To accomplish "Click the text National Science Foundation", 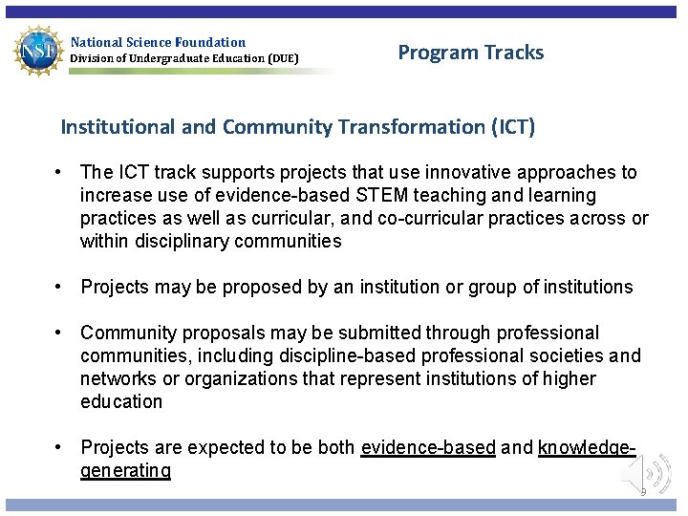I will click(x=158, y=42).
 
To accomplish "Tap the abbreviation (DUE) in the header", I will click(x=283, y=58).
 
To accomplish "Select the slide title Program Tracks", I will click(x=470, y=53).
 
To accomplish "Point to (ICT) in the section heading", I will click(x=513, y=126).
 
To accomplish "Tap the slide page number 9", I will click(x=643, y=491).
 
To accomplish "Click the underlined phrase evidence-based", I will click(x=428, y=447).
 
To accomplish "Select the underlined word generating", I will click(x=125, y=470).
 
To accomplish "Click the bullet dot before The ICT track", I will click(x=59, y=172).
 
